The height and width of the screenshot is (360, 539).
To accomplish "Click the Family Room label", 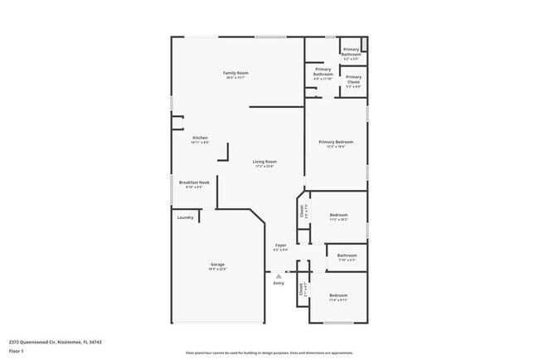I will [236, 73].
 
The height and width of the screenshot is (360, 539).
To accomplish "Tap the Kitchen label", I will [200, 138].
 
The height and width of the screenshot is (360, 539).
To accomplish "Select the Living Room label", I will [265, 162].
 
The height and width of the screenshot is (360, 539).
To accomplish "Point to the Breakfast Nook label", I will [194, 182].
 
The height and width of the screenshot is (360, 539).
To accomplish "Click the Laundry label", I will [186, 218].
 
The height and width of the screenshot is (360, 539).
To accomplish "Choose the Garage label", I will [217, 265].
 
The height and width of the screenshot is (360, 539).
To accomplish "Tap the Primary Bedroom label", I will [336, 142].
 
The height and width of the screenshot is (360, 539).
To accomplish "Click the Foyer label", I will [281, 245].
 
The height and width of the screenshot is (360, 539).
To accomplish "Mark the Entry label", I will [279, 284].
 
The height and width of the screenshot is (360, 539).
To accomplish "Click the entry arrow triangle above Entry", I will [279, 276].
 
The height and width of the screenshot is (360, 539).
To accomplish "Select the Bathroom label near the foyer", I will [347, 255].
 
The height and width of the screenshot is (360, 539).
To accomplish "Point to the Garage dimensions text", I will [217, 270].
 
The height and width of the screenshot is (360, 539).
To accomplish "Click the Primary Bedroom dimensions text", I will [336, 147].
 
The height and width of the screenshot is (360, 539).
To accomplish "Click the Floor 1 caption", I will [17, 351].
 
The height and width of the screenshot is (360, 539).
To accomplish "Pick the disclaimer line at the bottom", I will [269, 353].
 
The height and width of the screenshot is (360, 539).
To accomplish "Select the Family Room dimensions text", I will [236, 78].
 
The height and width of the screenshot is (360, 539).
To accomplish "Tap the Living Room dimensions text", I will [265, 167].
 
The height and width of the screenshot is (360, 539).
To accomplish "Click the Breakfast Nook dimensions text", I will [194, 187].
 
